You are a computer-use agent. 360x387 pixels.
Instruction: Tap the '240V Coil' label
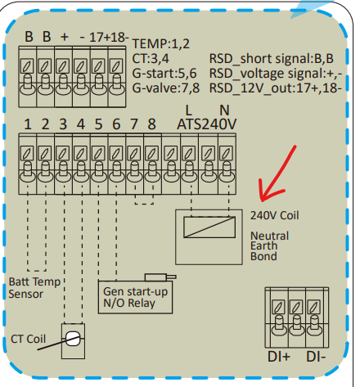(275, 215)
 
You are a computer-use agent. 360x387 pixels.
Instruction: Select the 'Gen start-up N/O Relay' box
(135, 297)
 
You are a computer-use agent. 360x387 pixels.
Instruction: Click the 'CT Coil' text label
(28, 339)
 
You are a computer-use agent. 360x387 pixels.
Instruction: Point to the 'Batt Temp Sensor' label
(34, 288)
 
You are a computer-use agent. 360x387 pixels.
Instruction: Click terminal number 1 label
(28, 124)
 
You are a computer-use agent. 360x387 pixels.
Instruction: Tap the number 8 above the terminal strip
(151, 124)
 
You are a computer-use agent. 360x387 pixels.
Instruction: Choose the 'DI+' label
(279, 357)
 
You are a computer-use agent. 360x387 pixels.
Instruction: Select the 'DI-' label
(316, 357)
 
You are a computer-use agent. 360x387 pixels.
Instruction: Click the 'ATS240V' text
(207, 124)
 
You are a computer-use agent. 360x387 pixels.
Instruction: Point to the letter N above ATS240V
(224, 110)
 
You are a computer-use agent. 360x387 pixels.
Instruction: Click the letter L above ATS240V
(188, 110)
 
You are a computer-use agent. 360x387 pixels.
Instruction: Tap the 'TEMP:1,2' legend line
(161, 43)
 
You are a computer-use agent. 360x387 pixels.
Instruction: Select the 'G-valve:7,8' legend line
(166, 88)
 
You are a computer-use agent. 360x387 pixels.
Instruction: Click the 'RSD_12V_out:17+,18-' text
(276, 88)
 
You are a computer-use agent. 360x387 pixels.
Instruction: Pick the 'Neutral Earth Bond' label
(269, 246)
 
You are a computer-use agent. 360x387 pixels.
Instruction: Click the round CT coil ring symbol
(73, 339)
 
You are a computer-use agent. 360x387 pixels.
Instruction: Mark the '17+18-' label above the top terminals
(109, 37)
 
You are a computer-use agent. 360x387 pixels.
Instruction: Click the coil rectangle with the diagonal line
(209, 227)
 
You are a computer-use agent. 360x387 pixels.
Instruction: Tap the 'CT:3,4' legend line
(151, 59)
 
